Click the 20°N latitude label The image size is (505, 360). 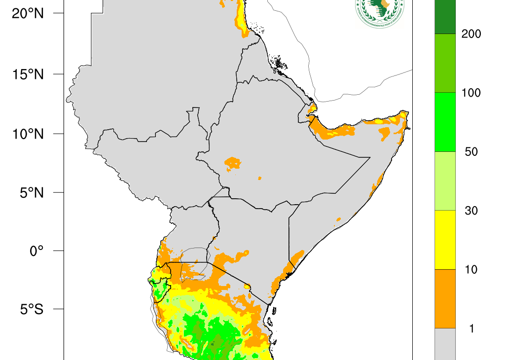coord(28,14)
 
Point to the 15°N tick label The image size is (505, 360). coord(28,74)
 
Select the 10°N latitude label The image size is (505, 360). coord(28,134)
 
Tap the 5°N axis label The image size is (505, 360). coord(31,192)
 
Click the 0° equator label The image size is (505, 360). coord(36,251)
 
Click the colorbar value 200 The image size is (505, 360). coord(471,34)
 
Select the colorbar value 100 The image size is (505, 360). coord(471,93)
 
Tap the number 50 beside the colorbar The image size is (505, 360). coord(471,152)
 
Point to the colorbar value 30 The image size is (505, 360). coord(471,211)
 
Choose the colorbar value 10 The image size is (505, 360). coord(471,270)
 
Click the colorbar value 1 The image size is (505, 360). coord(471,328)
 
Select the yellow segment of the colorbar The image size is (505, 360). coord(445,240)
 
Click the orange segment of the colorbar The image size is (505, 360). coord(445,298)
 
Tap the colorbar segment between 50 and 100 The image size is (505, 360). coord(445,122)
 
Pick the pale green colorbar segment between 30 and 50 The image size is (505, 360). coord(445,181)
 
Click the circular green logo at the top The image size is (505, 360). coord(379,11)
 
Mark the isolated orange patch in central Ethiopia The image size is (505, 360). coord(232,162)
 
